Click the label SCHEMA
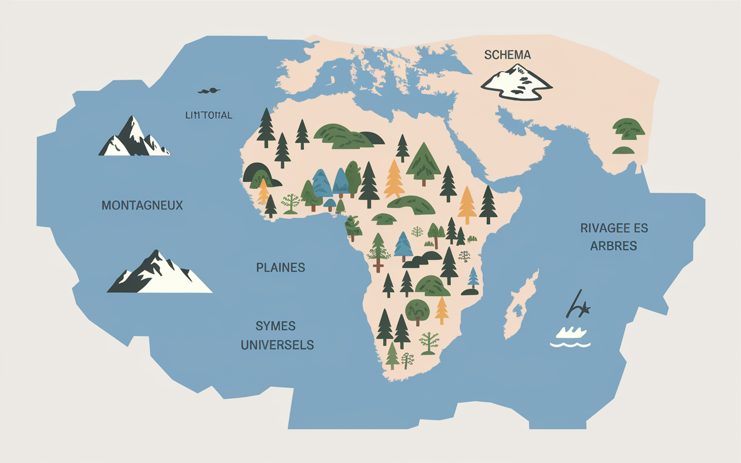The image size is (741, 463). pos(507,55)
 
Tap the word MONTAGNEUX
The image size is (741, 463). pos(142,205)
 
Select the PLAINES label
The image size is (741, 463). pos(280,267)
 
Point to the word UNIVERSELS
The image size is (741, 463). pos(277,345)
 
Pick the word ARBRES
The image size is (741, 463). pos(613,246)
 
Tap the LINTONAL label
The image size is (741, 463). pos(208,115)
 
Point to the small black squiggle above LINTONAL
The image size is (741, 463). pos(209,91)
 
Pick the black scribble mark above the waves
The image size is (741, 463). pos(577,305)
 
